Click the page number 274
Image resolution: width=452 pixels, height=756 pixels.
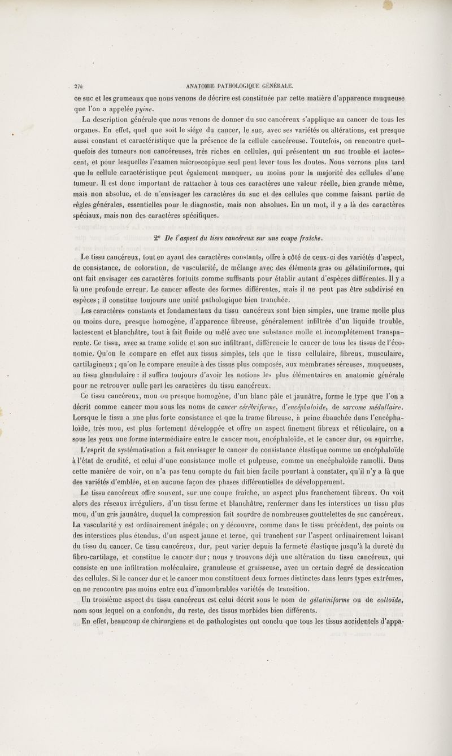coord(77,86)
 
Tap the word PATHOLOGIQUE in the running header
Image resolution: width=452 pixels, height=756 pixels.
coord(229,86)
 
